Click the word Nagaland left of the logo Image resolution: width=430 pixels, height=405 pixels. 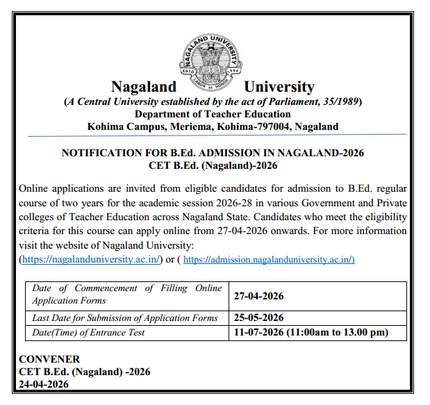(x=144, y=87)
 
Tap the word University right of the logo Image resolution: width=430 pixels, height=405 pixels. (x=279, y=87)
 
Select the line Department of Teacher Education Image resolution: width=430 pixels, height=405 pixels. (x=213, y=114)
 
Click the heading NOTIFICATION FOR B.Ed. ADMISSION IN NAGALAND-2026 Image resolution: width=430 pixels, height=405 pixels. (x=213, y=153)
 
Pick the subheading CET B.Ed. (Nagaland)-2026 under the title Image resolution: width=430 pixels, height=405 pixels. (x=213, y=165)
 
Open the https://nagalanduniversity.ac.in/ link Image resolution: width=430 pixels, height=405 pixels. (x=92, y=259)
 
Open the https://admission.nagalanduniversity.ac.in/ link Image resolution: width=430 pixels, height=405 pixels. (x=269, y=259)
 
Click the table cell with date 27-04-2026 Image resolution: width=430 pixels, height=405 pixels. (x=258, y=295)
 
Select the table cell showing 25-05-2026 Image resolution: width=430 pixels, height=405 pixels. (x=258, y=317)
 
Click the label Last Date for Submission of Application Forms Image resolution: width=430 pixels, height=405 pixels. (x=125, y=317)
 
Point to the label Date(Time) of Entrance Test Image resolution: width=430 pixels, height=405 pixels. (x=88, y=332)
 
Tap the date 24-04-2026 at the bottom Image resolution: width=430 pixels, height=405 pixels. (x=44, y=384)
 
